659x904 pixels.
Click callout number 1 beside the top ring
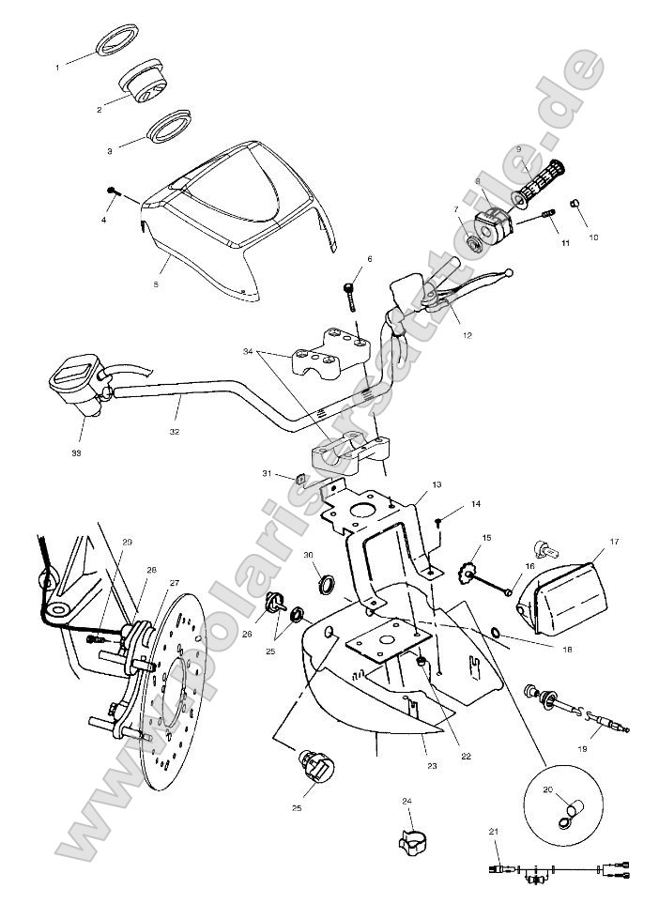[x=57, y=68]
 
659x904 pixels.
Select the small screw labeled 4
[x=114, y=191]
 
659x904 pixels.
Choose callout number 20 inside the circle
[x=548, y=790]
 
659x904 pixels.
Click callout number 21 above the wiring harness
[x=494, y=832]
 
